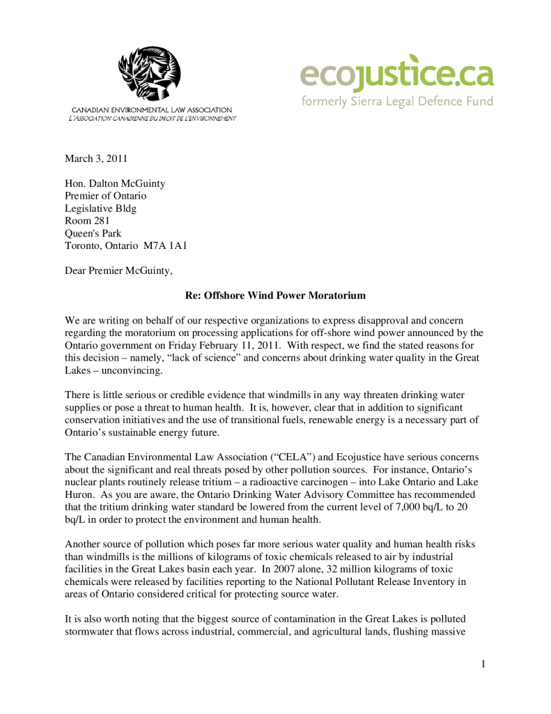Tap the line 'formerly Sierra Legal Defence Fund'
point(396,102)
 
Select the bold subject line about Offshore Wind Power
point(275,296)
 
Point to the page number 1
point(483,664)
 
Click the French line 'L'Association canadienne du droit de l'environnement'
point(152,119)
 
